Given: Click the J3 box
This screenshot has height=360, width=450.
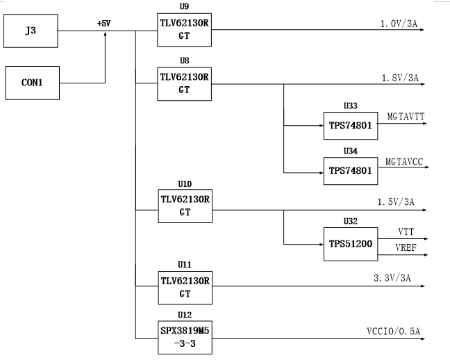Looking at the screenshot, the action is [x=31, y=31].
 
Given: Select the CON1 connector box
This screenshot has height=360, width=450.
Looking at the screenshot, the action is [x=33, y=83].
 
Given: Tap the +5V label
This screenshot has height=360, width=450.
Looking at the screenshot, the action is [x=104, y=23].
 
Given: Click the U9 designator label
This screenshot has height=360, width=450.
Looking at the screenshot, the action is [x=184, y=6].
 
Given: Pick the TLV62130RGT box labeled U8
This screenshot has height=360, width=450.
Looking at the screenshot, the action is [x=184, y=84].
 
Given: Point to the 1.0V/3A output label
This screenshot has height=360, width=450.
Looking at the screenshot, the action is [x=399, y=24].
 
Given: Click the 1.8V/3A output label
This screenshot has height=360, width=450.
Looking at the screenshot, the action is [x=400, y=78].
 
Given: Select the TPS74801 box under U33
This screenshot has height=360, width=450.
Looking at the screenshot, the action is [x=351, y=126].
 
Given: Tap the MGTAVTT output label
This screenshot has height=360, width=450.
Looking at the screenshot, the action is [x=406, y=116].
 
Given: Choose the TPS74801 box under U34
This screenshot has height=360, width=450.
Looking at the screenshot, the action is [x=351, y=171].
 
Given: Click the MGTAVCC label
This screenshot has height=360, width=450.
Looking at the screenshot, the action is [x=404, y=162].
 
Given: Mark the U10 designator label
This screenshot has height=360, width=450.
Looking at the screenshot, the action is [x=185, y=184].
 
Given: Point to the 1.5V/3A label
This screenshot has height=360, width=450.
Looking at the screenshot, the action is [x=396, y=202].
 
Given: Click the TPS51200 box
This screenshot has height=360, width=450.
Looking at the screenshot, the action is [x=351, y=244].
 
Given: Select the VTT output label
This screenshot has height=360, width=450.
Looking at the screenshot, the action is [x=406, y=231].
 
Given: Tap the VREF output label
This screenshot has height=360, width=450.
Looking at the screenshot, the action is [x=406, y=247].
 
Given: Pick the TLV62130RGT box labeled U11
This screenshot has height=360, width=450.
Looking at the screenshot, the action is [x=185, y=288].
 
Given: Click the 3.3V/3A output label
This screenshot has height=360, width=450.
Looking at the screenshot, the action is [x=392, y=278].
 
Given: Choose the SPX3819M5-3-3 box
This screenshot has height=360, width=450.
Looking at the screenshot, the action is [x=185, y=337].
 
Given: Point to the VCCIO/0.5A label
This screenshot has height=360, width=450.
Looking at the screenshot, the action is [x=394, y=332].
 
